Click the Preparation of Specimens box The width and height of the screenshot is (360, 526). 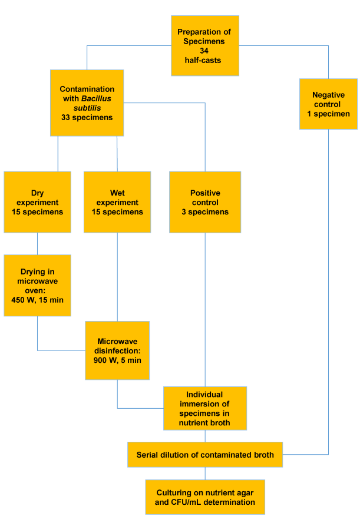205,45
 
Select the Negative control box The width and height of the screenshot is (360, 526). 328,104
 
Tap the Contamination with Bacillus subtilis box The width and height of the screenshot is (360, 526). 87,103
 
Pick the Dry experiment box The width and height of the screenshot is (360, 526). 37,202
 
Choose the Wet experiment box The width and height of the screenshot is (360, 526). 117,202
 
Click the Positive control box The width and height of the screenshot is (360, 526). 205,202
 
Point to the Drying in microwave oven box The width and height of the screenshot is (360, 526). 37,286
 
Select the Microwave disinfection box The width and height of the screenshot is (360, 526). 117,350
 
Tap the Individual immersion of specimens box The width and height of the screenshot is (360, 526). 205,408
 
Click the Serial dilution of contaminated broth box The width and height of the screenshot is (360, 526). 205,455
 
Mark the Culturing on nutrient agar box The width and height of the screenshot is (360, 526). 205,497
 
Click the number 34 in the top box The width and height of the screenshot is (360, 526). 204,51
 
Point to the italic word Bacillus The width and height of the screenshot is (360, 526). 96,98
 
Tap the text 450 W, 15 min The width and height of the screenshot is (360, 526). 37,300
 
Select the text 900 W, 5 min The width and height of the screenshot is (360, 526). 117,360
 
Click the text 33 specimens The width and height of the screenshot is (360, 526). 87,117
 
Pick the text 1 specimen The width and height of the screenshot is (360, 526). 328,114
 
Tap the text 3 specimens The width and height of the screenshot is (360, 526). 205,212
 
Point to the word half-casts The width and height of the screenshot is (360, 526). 203,61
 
